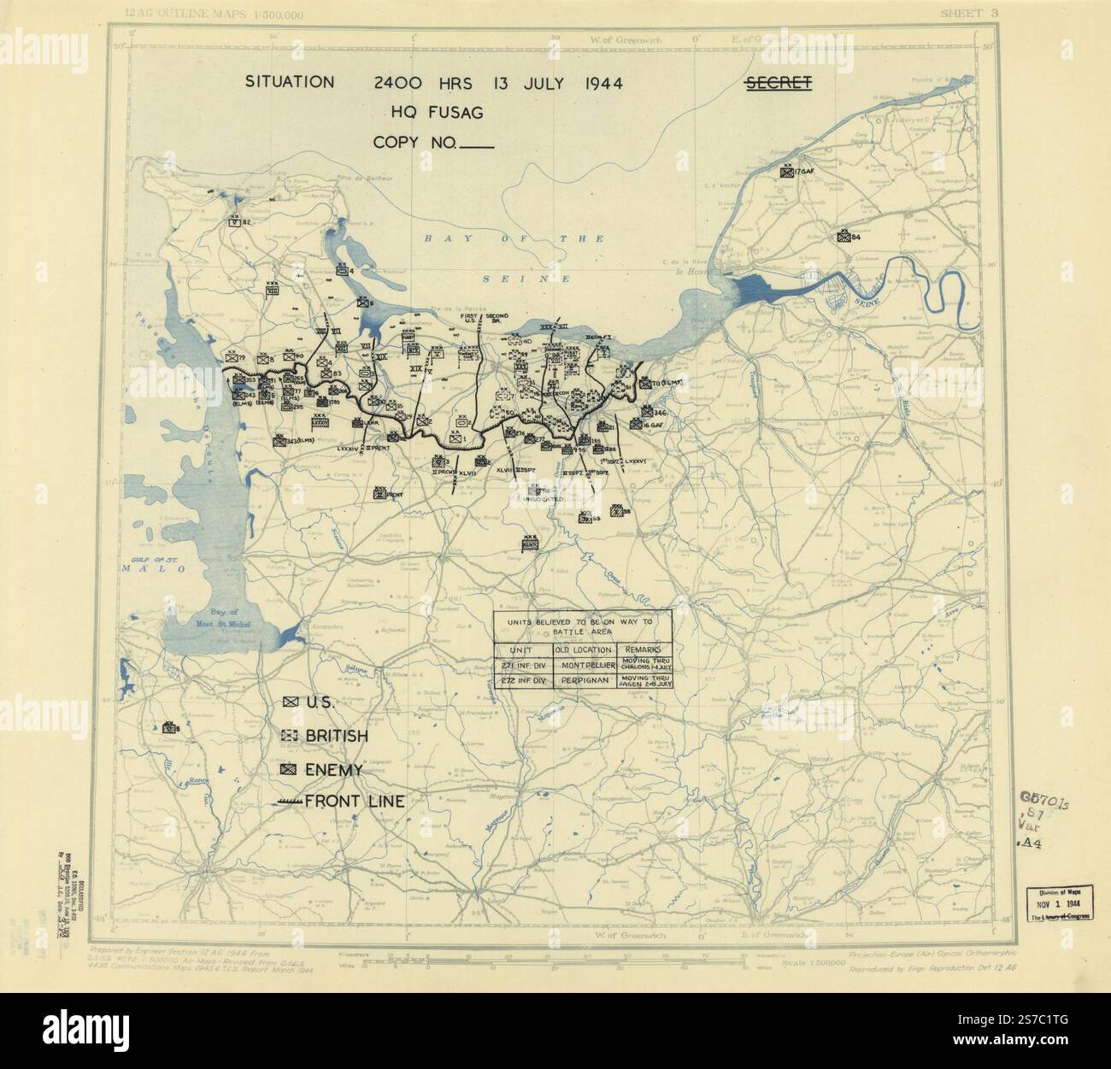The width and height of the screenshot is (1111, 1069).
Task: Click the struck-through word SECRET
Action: (x=777, y=83)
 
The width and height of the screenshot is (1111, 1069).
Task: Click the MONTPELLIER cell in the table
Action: (x=585, y=666)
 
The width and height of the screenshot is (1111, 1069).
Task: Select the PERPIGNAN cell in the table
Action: (x=585, y=681)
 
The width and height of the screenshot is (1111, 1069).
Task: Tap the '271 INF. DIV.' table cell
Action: (x=524, y=666)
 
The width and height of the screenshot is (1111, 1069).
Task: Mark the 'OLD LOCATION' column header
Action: (x=585, y=649)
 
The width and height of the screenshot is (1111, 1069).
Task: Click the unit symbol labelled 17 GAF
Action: (x=785, y=172)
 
